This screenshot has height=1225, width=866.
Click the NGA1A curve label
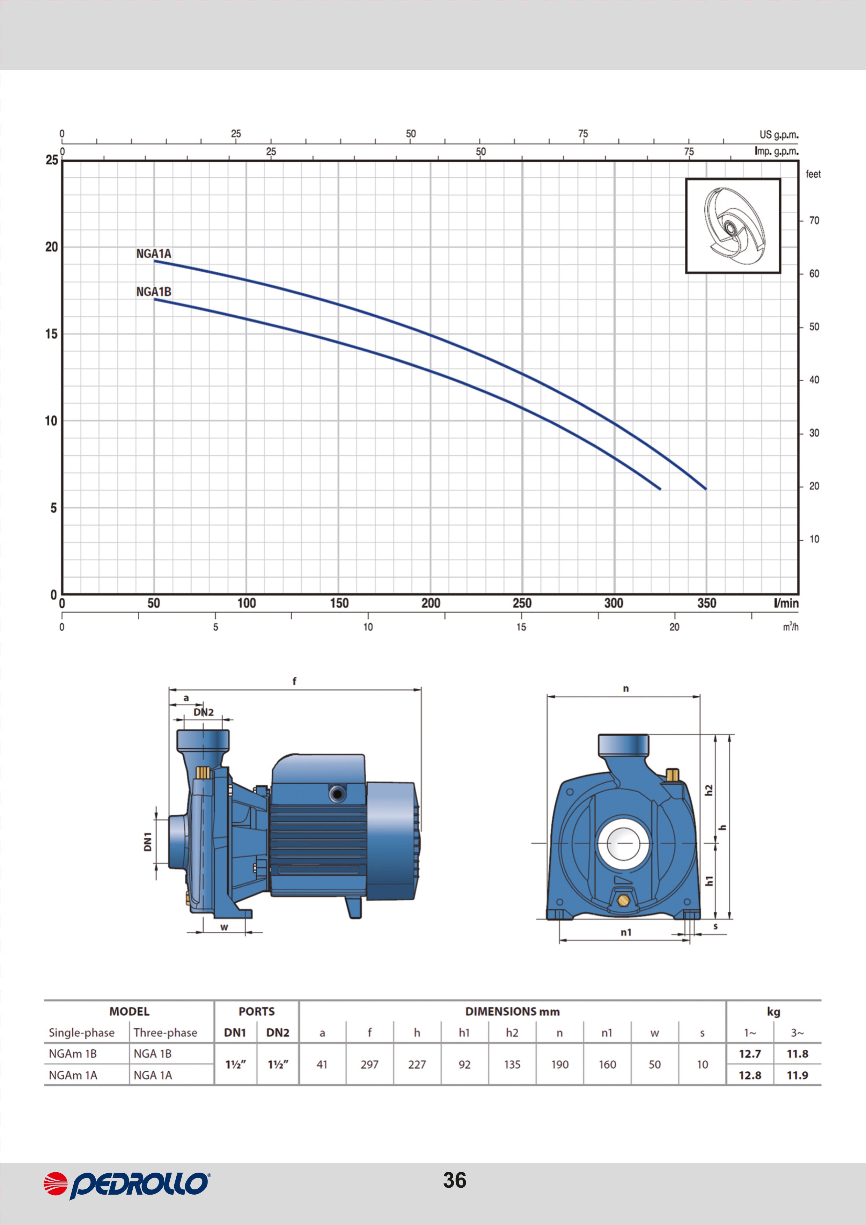154,254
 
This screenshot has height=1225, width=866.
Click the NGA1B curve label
154,292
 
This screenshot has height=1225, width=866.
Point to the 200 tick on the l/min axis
431,603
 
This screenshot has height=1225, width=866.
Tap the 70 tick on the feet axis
814,220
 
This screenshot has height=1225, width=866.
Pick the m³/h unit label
790,626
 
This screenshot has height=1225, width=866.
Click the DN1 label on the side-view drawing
148,842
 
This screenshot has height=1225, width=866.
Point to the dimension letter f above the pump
294,681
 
